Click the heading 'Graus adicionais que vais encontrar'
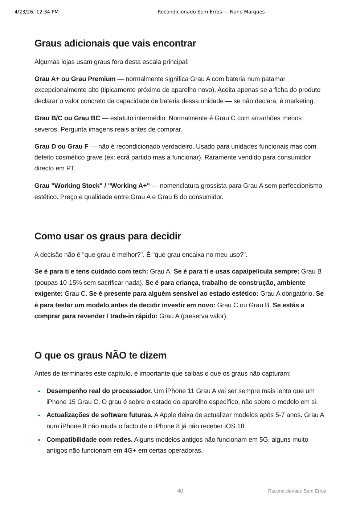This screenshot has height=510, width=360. tap(115, 44)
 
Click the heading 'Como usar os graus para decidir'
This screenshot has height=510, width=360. tap(107, 236)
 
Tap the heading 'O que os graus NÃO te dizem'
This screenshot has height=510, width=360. tap(100, 355)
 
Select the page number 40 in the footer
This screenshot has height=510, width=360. tap(180, 491)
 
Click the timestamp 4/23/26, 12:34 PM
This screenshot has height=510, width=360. tap(36, 12)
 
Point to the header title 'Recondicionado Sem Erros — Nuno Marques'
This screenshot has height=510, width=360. tap(211, 12)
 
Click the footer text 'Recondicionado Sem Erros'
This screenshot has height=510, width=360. tap(297, 491)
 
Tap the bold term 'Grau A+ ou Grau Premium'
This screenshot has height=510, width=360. tap(75, 79)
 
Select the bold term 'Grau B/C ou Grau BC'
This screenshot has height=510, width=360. tap(67, 118)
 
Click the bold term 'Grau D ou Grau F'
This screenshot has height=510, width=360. tap(61, 146)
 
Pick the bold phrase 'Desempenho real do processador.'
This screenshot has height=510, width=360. tap(99, 391)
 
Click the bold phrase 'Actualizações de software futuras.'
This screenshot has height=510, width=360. tap(99, 415)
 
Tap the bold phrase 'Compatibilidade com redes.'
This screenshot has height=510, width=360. tap(89, 440)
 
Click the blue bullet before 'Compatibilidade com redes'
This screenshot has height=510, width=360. tap(39, 440)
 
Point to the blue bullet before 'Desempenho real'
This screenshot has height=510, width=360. tap(39, 391)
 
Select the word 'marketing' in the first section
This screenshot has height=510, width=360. tap(299, 101)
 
